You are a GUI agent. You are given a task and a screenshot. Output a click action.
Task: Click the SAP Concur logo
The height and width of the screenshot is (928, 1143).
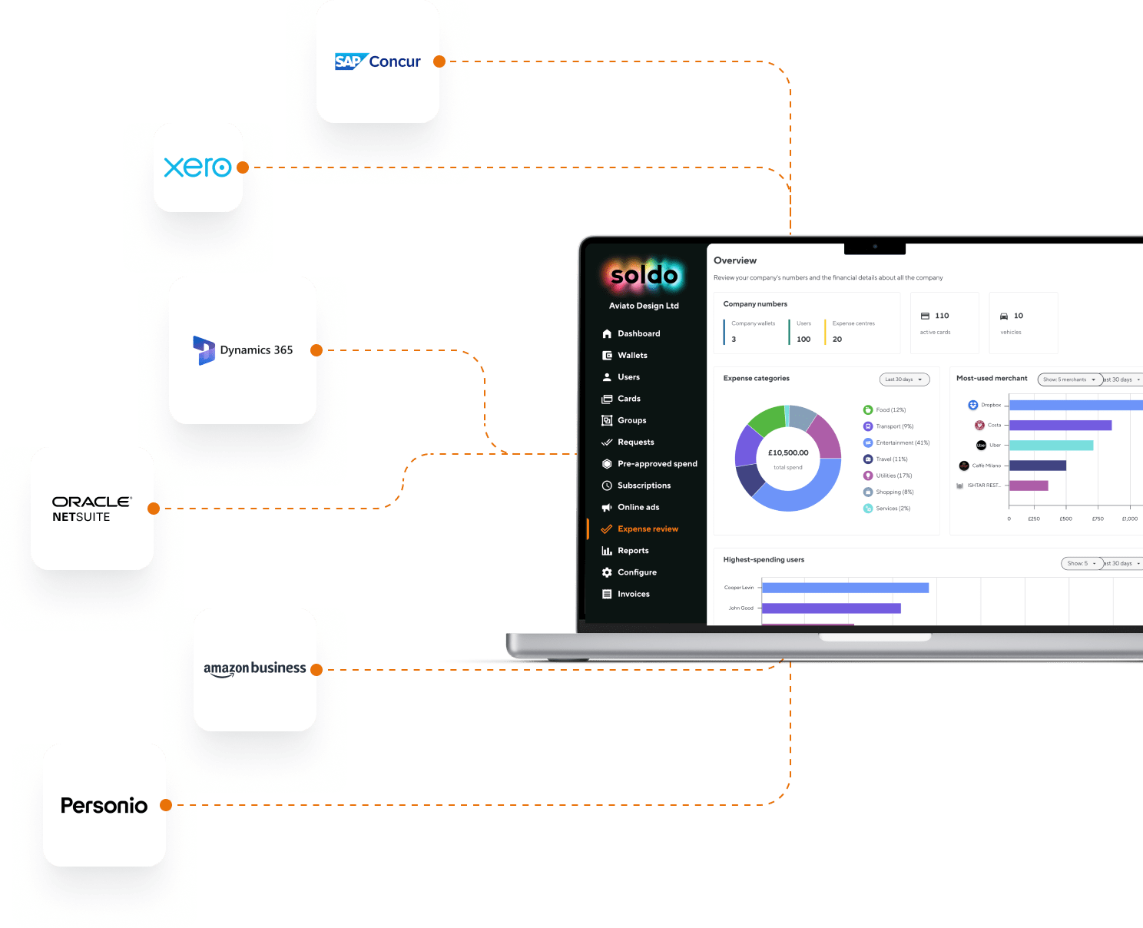coord(378,61)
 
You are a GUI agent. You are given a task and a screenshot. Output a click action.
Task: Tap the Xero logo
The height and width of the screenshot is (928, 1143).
coord(197,167)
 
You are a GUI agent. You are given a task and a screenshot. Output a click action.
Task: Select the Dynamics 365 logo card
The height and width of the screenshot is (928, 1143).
coord(243,350)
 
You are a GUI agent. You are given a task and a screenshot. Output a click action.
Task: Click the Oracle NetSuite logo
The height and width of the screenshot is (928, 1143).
coord(91,509)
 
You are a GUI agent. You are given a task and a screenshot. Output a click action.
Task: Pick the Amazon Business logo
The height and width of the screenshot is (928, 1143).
coord(254,668)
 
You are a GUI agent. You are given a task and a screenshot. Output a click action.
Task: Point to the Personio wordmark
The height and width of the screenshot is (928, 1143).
coord(104,805)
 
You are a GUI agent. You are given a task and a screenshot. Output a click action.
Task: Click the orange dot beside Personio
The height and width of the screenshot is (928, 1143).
coord(166,805)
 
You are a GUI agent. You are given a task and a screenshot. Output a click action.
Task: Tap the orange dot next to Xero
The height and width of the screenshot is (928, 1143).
coord(243,167)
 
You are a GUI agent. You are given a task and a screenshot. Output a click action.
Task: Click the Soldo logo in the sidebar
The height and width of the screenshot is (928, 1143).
coord(644,275)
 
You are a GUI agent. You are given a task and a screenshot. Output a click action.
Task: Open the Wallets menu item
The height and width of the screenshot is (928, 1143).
coord(632,356)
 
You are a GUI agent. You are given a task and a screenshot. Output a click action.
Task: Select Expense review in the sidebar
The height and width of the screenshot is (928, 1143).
coord(648,529)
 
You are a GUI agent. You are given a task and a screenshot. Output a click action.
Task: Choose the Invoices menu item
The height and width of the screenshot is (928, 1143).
coord(633,595)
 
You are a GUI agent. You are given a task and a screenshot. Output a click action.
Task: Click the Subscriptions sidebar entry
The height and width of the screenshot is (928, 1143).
coord(644,486)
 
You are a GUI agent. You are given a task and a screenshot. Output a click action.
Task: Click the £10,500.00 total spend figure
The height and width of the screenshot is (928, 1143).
coord(788,453)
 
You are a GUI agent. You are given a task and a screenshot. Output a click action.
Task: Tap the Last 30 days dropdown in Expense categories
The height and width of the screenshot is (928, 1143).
coord(904,379)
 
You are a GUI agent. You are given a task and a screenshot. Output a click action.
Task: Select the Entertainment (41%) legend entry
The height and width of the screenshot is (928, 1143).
coord(902,443)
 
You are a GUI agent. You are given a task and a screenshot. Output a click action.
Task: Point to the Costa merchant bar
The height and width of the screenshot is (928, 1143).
coord(1060,426)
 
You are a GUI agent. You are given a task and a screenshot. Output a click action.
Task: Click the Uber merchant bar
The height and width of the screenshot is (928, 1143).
coord(1051,446)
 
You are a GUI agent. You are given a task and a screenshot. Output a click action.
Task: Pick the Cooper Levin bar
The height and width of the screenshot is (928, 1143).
coord(845,588)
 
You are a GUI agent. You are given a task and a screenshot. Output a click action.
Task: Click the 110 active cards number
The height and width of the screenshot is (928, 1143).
coord(942,316)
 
